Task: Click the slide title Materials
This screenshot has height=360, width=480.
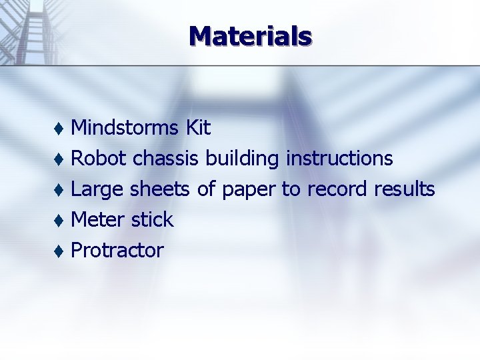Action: [x=250, y=35]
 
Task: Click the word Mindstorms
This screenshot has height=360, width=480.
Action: [x=125, y=127]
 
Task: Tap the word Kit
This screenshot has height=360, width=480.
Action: [x=198, y=127]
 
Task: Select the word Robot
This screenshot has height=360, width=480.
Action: [x=99, y=158]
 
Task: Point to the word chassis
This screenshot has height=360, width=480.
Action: [x=165, y=158]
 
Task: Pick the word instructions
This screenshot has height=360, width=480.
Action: [x=339, y=158]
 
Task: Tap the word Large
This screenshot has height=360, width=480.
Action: [x=97, y=190]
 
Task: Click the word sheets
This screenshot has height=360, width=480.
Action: [x=160, y=189]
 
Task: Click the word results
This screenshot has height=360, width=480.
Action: [x=404, y=189]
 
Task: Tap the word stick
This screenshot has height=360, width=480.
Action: [x=152, y=219]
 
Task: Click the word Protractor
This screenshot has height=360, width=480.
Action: [x=117, y=250]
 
